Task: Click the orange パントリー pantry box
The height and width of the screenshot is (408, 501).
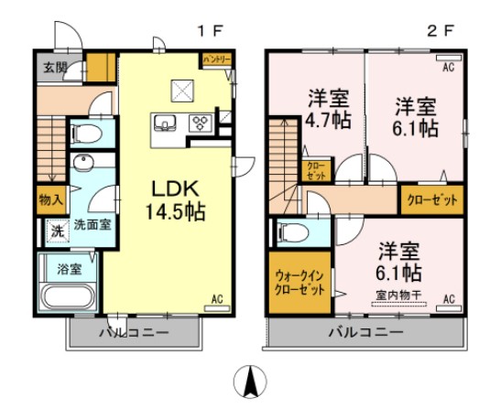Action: coord(216,59)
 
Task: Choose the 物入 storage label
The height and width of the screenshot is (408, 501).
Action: coord(50,199)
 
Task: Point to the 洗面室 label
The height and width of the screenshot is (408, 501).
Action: coord(93,224)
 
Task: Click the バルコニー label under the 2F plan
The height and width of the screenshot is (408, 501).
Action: coord(366,332)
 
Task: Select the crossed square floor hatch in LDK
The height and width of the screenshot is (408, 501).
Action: coord(180,90)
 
